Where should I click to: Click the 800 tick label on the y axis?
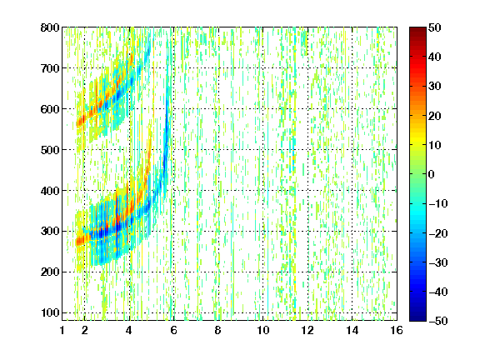50,27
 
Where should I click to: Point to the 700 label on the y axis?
50,68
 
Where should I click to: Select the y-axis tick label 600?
50,109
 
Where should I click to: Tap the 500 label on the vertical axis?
50,150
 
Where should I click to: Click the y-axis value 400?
50,191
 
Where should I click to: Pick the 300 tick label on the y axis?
50,232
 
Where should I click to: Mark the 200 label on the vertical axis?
50,272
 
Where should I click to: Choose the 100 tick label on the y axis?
50,312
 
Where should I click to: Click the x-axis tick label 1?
62,330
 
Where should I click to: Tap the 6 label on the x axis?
173,330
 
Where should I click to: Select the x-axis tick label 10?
262,330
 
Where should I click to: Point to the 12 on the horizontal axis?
307,330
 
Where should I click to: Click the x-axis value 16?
397,330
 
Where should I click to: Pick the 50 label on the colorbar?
434,27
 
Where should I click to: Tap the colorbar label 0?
432,174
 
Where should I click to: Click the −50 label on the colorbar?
438,321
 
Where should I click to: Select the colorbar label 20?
434,116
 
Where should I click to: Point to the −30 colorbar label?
438,262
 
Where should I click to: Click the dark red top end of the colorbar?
417,29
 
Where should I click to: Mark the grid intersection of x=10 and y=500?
262,150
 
